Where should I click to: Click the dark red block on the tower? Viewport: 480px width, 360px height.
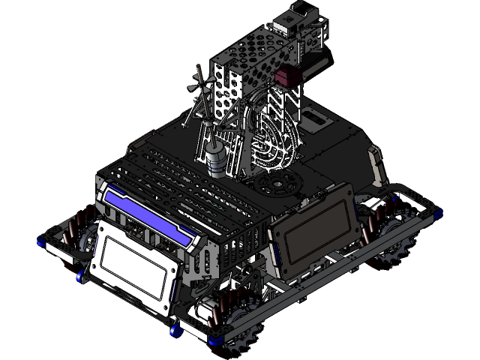(286, 76)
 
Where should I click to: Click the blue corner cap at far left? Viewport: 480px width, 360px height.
(42, 241)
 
